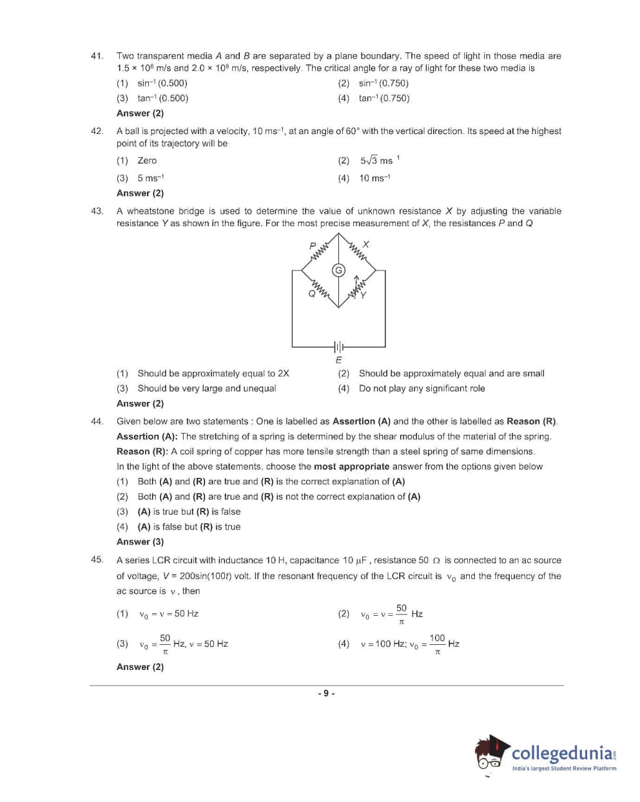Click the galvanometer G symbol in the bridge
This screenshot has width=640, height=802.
click(338, 270)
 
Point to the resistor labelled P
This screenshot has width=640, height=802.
click(320, 251)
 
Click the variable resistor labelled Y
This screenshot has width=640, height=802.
click(357, 288)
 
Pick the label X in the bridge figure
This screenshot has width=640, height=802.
click(366, 245)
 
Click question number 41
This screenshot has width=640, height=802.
click(97, 56)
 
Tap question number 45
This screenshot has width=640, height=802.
click(97, 560)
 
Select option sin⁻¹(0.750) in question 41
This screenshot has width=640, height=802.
click(383, 83)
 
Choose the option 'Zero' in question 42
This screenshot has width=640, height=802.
click(147, 160)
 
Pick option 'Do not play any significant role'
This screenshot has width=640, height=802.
click(422, 388)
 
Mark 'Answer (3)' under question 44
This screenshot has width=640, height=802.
click(140, 542)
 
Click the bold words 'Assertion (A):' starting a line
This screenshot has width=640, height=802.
click(147, 436)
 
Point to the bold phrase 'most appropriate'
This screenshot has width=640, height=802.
click(351, 466)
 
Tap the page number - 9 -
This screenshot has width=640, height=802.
click(326, 693)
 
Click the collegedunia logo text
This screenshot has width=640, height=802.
click(563, 753)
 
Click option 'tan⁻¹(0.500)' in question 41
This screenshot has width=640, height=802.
click(162, 99)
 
